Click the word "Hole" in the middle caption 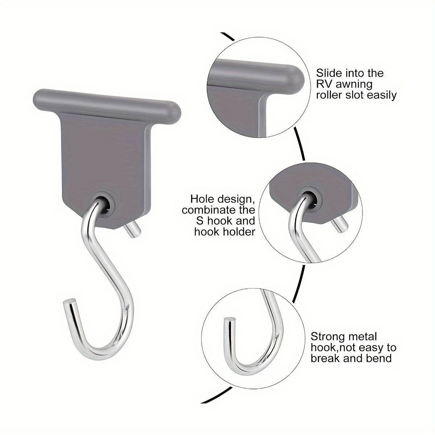[x=201, y=199]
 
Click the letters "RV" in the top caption [x=324, y=84]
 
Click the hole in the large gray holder [x=105, y=205]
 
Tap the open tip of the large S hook [x=70, y=302]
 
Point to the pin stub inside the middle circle [x=339, y=224]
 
